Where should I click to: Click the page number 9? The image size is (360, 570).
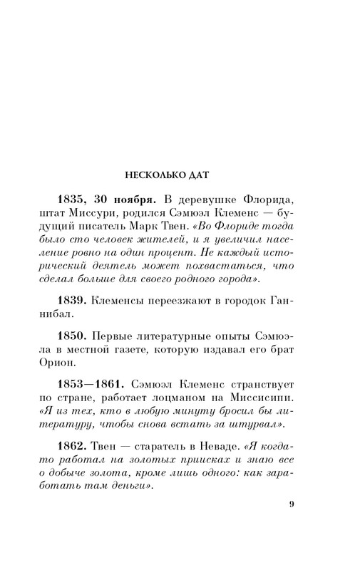pos(291,525)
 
